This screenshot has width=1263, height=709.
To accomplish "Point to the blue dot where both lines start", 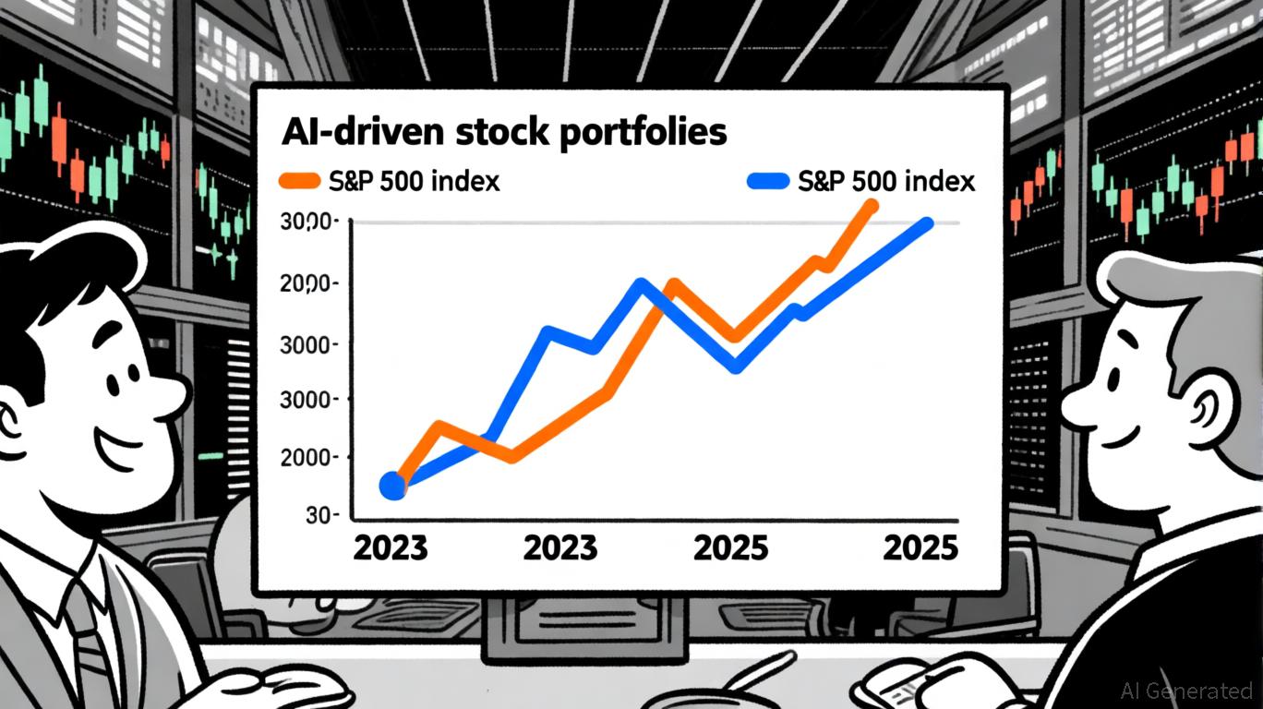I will coord(393,485).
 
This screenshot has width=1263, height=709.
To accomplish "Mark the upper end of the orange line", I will coord(870,205).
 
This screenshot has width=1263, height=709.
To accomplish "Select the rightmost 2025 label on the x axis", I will coord(920,547).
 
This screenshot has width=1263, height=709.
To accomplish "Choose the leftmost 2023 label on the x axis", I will coord(391,547).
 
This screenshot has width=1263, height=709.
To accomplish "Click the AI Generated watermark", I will coord(1185,690).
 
